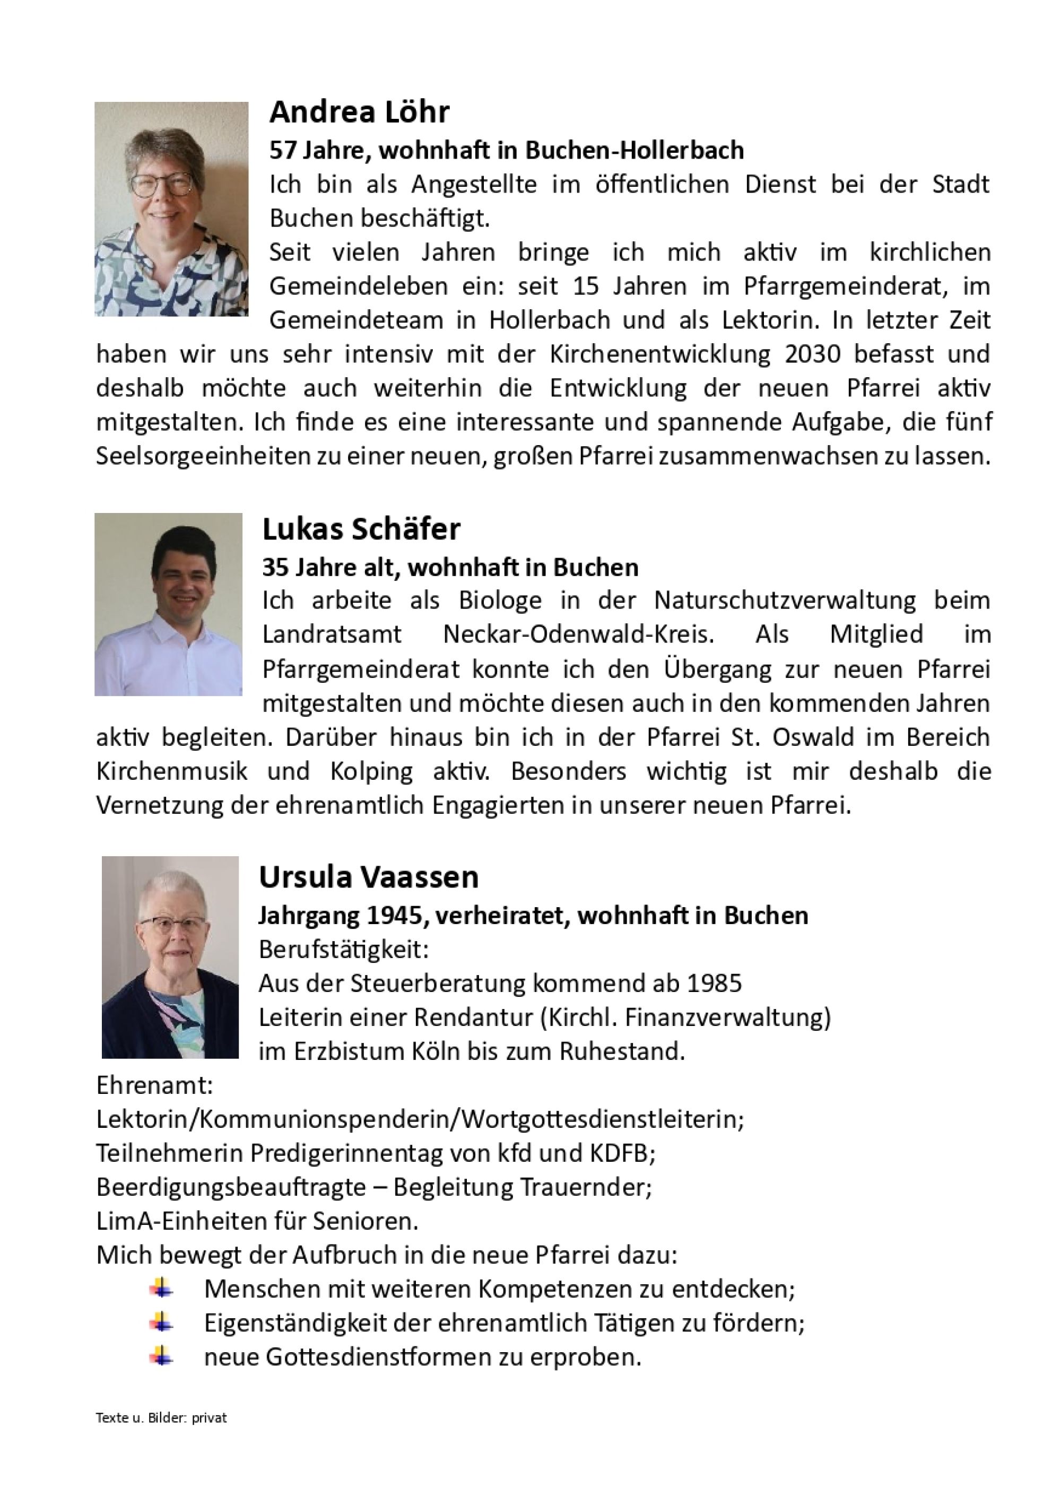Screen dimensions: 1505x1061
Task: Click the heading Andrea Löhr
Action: [x=359, y=113]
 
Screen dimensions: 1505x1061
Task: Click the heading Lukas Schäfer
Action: [x=361, y=529]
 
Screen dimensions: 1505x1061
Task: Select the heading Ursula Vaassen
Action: [x=368, y=877]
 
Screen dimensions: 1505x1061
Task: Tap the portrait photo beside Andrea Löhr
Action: [x=171, y=209]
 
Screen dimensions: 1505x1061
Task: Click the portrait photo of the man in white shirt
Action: [x=168, y=604]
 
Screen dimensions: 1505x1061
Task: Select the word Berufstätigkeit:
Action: [x=344, y=949]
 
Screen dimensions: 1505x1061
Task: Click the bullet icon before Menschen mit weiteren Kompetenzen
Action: [x=161, y=1289]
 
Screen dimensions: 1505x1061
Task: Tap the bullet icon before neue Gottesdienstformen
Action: [x=161, y=1358]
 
